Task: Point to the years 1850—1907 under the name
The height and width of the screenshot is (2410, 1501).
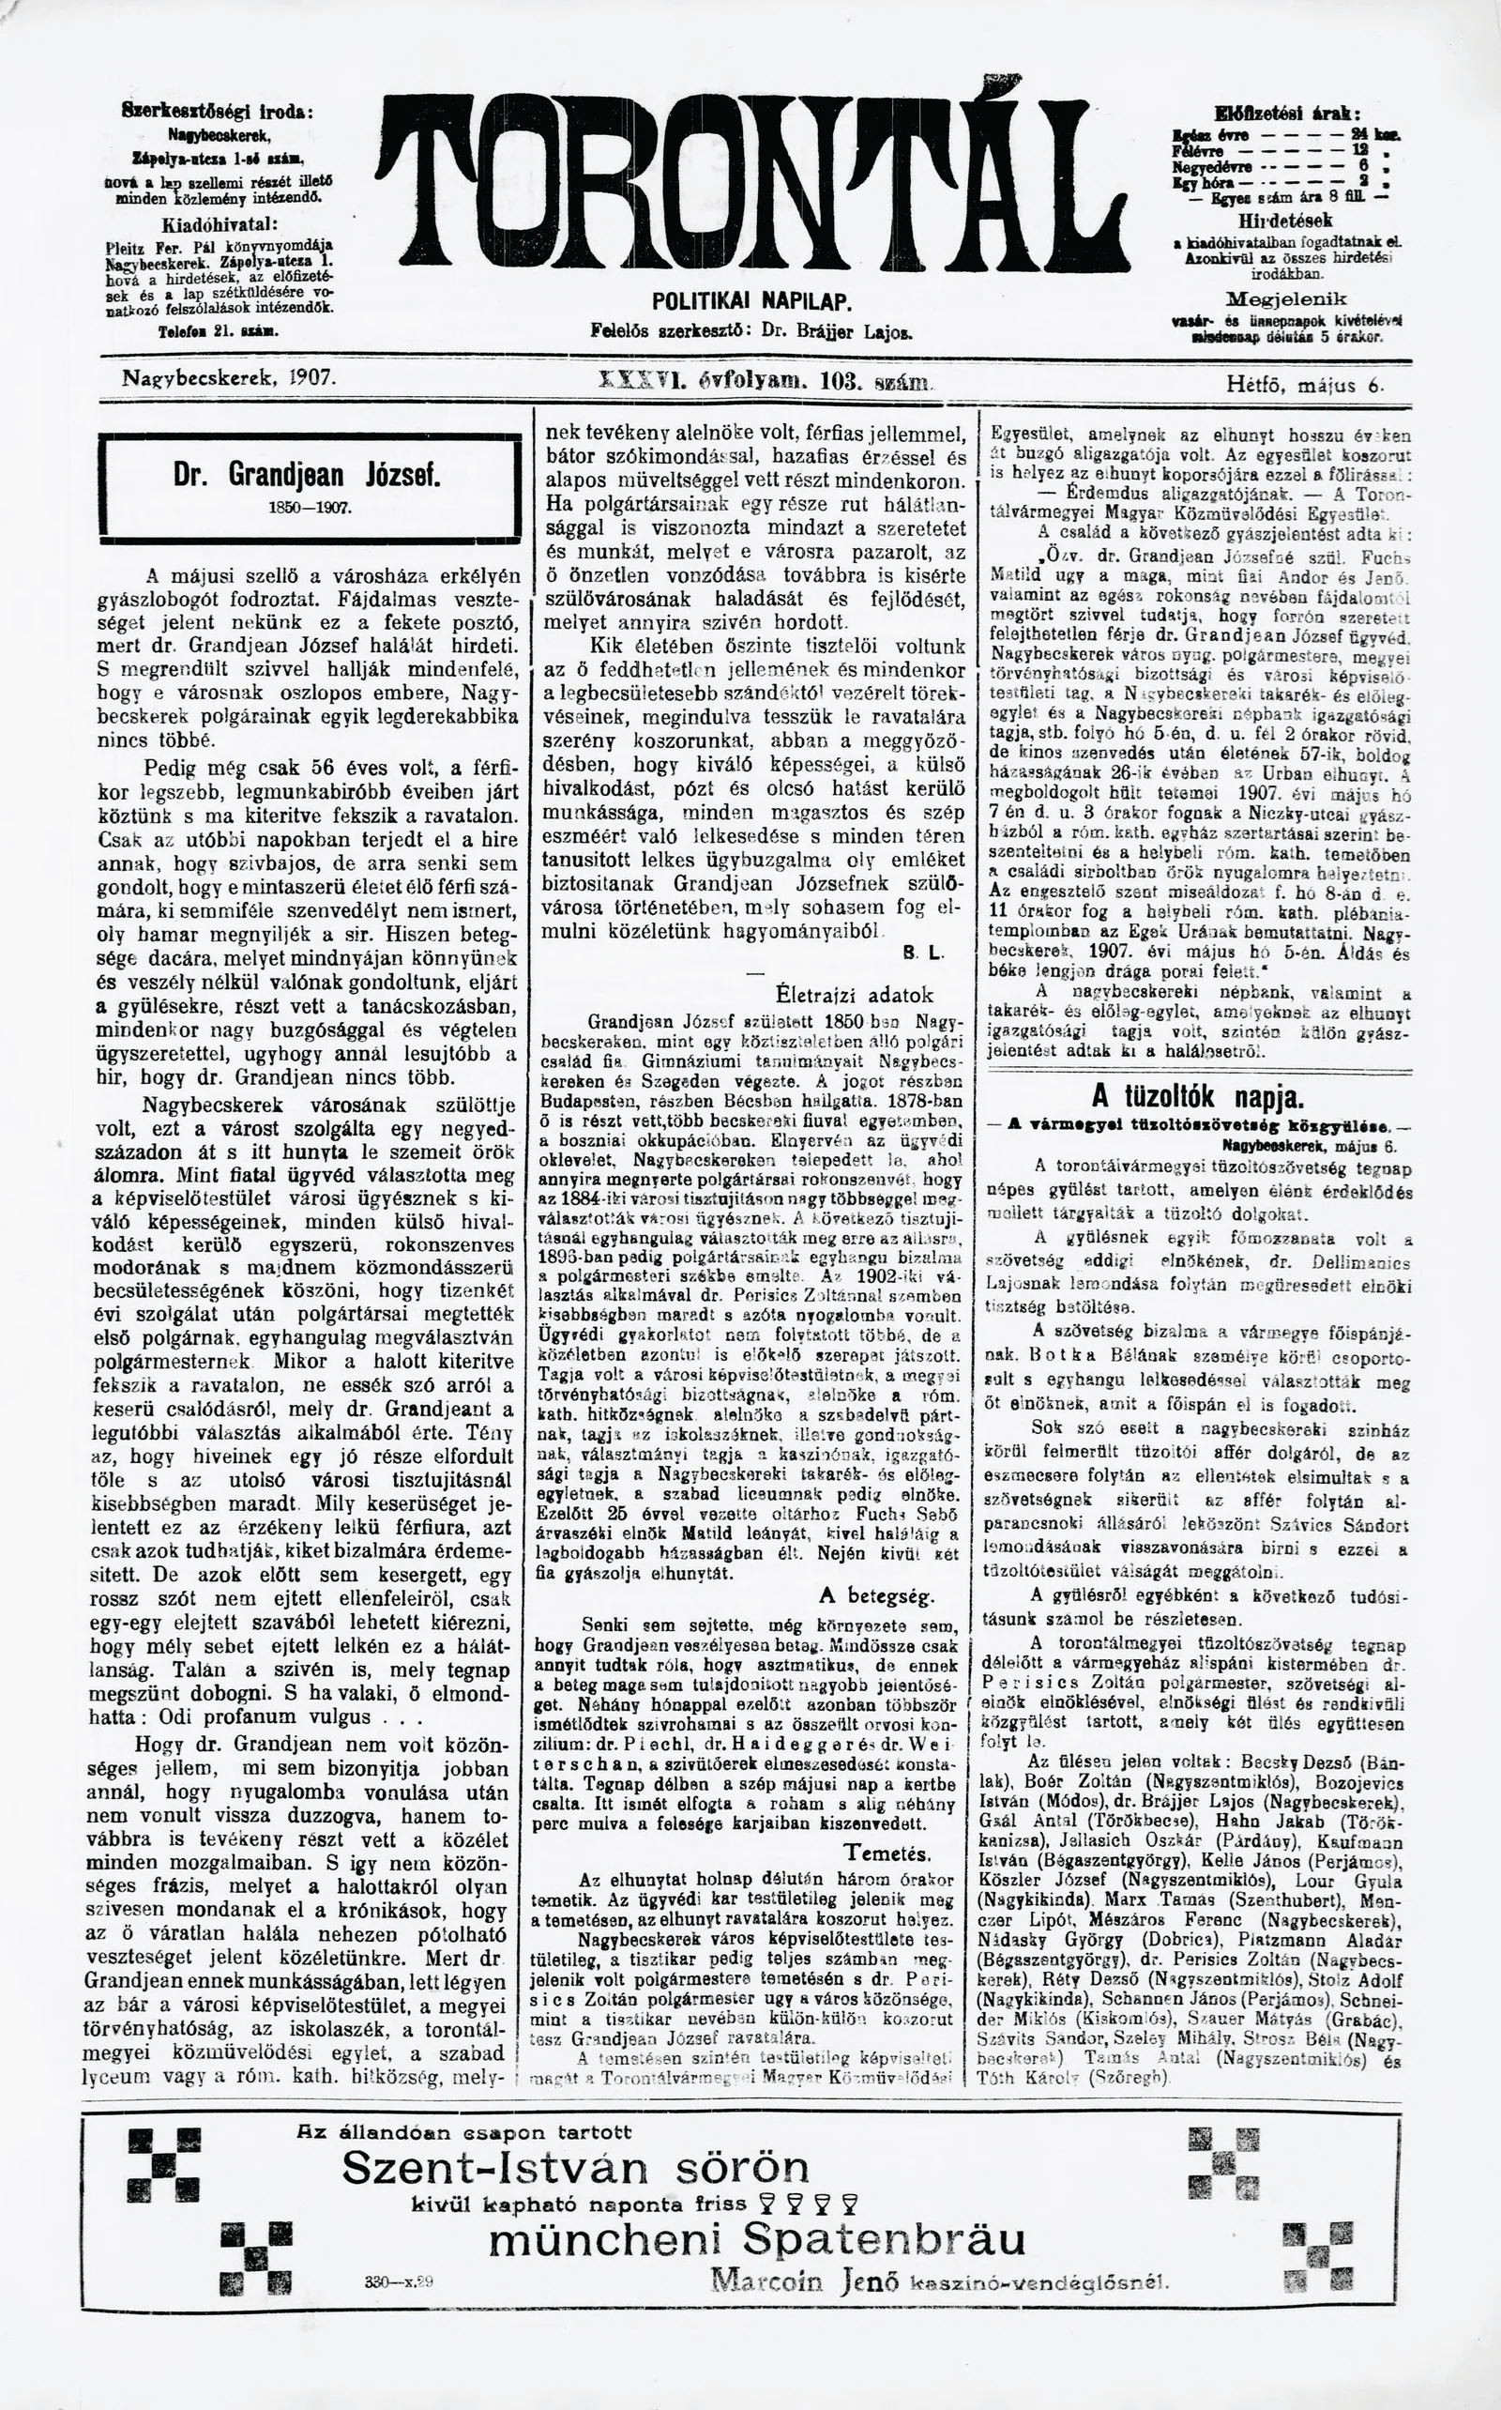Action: point(310,507)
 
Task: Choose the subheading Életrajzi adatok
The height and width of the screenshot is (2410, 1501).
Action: point(854,995)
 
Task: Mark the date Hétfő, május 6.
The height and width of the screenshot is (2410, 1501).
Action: point(1304,383)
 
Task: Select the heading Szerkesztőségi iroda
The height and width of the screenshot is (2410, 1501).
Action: point(217,112)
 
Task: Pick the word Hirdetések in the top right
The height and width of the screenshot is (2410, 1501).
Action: point(1285,220)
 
